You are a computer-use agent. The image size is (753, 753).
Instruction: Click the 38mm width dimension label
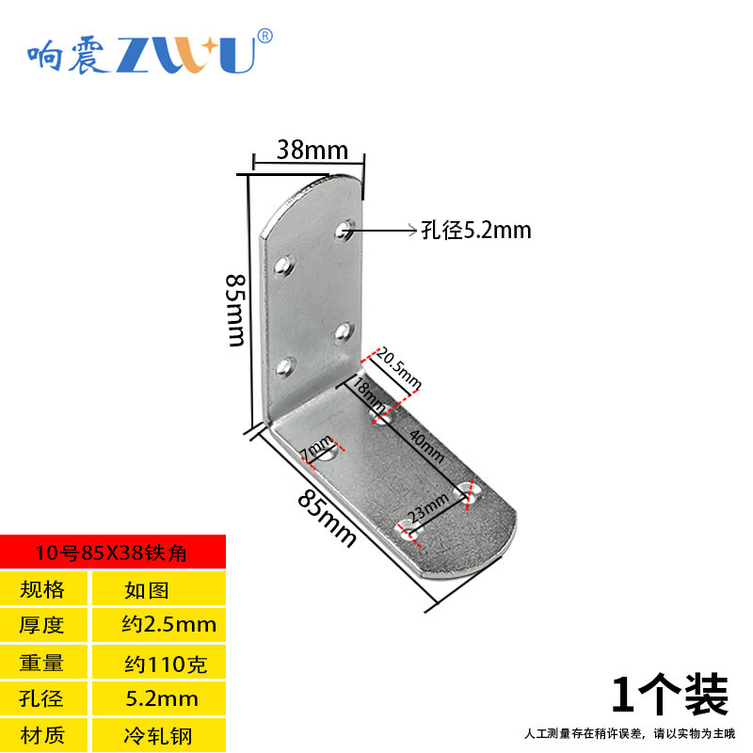coord(312,150)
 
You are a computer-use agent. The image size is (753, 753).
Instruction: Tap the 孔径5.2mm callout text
coord(475,230)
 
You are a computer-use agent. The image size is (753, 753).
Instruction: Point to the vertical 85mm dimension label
coord(236,310)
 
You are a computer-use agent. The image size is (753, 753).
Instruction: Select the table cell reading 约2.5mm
coord(168,624)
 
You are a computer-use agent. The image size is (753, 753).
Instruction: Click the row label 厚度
coord(44,624)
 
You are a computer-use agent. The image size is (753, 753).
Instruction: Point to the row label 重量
coord(44,663)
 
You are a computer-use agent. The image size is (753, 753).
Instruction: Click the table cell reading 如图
coord(146,590)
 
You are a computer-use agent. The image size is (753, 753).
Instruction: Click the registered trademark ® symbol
coord(265,37)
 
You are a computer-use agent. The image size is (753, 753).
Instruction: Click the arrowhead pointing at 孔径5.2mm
coord(409,229)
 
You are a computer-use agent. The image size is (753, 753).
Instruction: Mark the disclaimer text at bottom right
coord(628,733)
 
